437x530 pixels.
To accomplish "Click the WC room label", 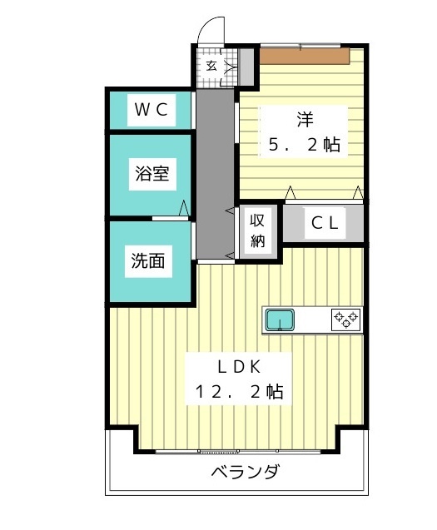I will [x=151, y=109].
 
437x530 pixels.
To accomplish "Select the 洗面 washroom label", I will [x=148, y=260].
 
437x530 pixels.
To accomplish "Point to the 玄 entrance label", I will [x=211, y=65].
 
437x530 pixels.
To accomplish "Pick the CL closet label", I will [x=324, y=223].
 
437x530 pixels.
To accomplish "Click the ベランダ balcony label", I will [x=244, y=473].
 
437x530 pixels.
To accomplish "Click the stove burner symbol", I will [x=346, y=318].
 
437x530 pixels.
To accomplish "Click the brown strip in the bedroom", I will [x=305, y=56].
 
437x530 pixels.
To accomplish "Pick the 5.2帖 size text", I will [x=303, y=144].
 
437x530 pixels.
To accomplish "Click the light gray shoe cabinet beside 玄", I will [x=246, y=66].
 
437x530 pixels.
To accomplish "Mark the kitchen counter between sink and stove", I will [x=315, y=319].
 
